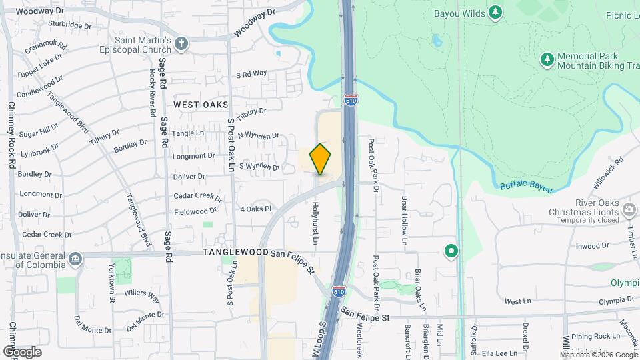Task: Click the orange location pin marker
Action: [321, 159]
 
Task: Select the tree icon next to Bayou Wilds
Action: [495, 12]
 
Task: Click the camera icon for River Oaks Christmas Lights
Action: [629, 211]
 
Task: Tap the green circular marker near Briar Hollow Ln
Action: [451, 251]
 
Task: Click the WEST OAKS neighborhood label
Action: [201, 105]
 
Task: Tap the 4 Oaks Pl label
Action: [256, 209]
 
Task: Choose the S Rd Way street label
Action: [251, 73]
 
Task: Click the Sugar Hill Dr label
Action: [40, 128]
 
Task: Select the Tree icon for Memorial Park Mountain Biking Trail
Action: [547, 61]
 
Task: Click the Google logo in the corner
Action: [22, 351]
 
